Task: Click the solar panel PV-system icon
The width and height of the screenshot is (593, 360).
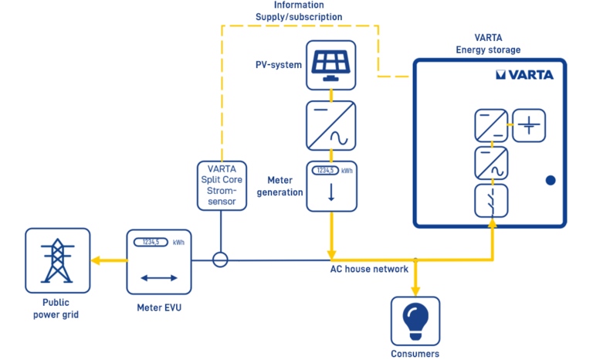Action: click(331, 65)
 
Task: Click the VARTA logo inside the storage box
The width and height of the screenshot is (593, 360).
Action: click(525, 75)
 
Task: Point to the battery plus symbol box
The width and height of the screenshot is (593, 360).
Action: click(529, 125)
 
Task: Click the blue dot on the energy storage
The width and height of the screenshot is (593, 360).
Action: click(550, 180)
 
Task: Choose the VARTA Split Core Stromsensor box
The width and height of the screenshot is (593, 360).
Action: click(222, 185)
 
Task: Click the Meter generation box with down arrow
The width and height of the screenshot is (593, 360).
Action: click(331, 185)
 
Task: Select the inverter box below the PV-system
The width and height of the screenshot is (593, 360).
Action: click(331, 126)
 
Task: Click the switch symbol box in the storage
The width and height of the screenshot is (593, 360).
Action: click(490, 199)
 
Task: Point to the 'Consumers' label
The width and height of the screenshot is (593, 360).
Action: click(415, 354)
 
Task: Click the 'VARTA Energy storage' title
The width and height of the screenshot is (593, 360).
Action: click(488, 44)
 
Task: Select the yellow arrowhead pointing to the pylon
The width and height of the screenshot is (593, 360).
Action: click(96, 260)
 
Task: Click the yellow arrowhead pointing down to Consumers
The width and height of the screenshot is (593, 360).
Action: click(415, 290)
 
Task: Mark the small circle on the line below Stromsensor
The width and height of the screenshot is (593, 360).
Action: click(221, 260)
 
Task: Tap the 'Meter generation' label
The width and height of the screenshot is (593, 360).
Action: click(280, 186)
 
